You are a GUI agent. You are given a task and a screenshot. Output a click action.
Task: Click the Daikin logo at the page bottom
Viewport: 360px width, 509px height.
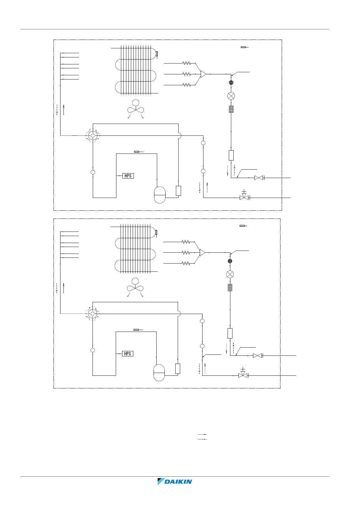coord(175,481)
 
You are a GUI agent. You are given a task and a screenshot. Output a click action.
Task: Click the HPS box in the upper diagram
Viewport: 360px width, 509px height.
coord(128,176)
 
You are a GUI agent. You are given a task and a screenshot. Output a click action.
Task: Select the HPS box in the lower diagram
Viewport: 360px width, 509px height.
coord(128,353)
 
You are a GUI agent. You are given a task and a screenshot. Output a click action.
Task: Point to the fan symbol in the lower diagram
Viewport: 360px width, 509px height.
coord(135,287)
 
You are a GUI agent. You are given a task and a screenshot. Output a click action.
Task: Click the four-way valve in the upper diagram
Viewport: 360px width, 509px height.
coord(93,135)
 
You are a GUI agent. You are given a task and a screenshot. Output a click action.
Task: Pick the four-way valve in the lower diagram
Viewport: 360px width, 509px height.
coord(92,314)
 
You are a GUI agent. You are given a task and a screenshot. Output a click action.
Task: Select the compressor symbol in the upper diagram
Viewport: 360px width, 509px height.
coord(160,195)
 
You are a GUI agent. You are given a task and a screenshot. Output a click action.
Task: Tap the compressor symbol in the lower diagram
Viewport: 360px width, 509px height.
coord(159,373)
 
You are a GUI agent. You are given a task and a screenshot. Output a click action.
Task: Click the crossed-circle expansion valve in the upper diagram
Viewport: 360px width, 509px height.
coord(231,96)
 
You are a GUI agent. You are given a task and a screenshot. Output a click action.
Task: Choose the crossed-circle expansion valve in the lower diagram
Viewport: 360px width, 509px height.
coord(230,274)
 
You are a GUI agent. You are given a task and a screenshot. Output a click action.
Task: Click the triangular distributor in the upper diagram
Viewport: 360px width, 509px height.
coord(203,74)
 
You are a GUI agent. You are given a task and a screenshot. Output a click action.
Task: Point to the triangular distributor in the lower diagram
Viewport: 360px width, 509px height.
coord(202,252)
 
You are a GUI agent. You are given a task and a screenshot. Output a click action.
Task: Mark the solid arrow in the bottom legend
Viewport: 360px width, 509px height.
coord(202,434)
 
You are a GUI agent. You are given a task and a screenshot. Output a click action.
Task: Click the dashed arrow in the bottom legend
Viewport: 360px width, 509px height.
coord(202,439)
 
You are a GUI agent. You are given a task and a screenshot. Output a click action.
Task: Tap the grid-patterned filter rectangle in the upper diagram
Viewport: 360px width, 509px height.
coord(231,109)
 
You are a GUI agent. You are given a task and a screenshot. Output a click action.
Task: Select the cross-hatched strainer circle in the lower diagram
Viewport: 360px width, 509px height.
coord(230,261)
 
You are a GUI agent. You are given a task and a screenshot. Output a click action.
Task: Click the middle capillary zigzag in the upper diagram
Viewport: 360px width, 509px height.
coord(186,74)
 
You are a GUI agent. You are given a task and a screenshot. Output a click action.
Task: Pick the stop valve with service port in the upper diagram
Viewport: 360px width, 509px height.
coord(244,197)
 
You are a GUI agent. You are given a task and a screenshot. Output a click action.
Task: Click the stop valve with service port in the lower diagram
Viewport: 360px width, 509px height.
coord(243,374)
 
